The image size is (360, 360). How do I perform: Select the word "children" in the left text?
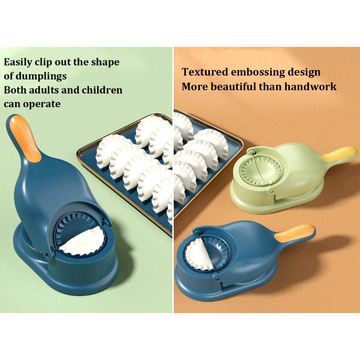pos(102,90)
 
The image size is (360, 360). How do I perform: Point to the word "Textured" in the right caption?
pos(204,72)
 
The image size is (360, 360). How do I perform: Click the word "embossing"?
pos(258,72)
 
